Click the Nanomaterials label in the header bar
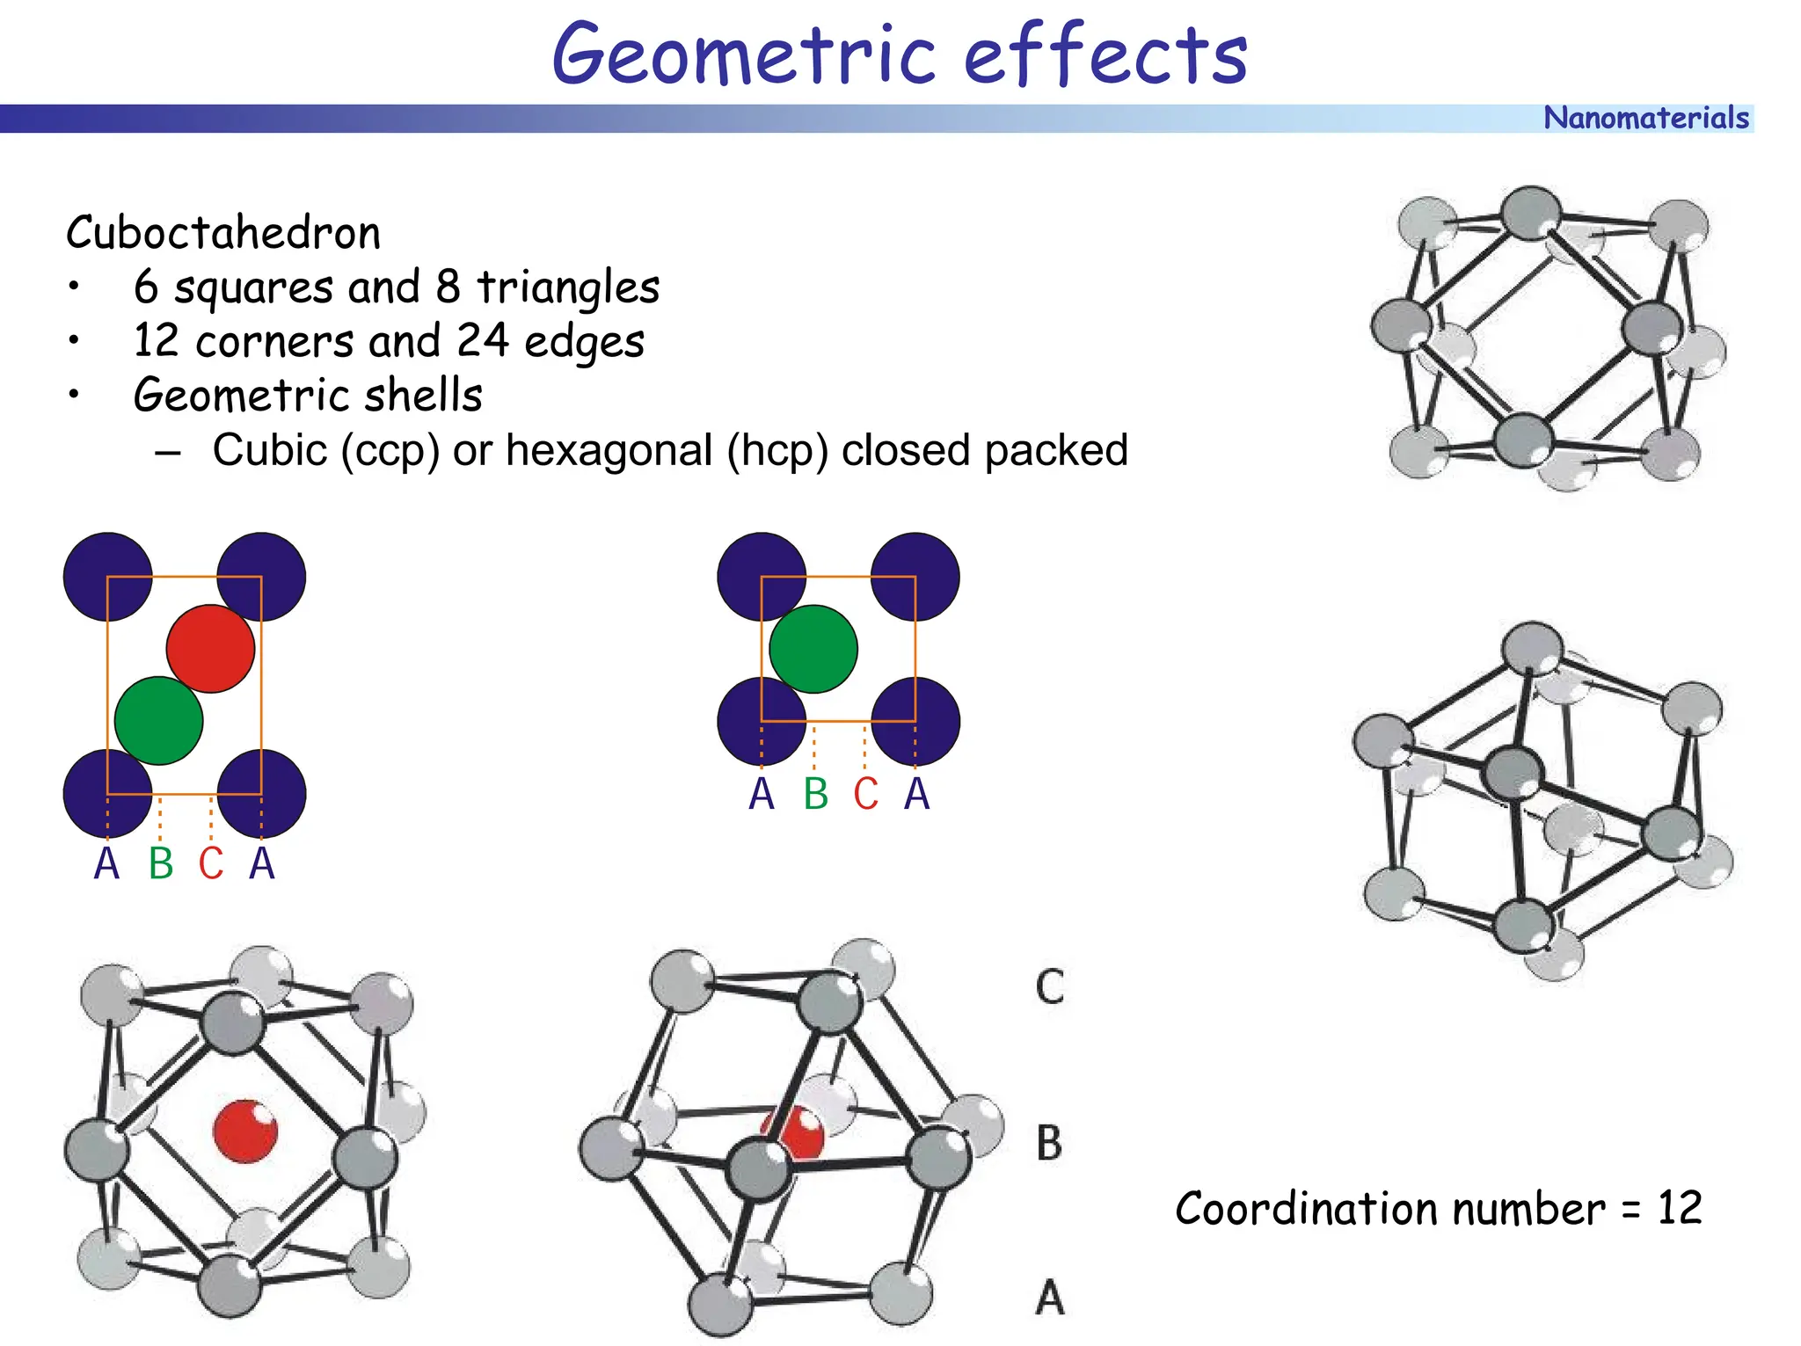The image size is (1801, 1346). point(1645,118)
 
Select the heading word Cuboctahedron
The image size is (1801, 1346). point(223,233)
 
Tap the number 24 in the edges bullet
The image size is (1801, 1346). point(482,341)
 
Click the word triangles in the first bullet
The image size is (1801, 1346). point(568,287)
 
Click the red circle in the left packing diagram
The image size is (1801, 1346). point(210,648)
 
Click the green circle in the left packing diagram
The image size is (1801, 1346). point(159,720)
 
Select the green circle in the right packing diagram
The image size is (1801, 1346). point(813,648)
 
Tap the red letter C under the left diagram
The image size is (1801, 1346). point(211,863)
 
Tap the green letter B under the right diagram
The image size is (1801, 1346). point(815,794)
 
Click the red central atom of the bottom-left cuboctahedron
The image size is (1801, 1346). point(245,1131)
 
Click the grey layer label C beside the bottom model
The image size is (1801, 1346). point(1049,986)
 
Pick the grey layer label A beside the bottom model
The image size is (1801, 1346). point(1049,1298)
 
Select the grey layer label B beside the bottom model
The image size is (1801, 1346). point(1049,1144)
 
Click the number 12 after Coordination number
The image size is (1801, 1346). point(1679,1207)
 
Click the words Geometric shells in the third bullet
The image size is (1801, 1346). point(308,395)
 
